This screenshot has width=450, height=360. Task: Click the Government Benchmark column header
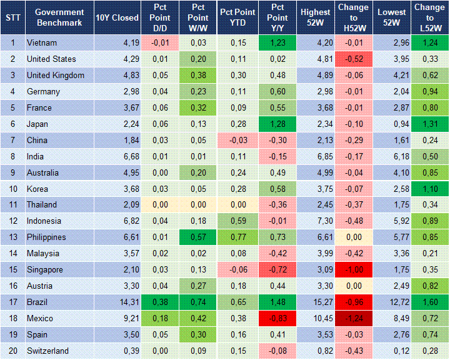coord(59,17)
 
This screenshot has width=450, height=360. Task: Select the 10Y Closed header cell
coord(117,17)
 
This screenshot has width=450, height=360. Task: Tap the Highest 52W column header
coord(315,17)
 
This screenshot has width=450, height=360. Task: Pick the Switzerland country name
coord(47,351)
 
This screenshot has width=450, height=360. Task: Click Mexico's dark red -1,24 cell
coord(354,318)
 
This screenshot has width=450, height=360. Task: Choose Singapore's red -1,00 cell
coord(354,269)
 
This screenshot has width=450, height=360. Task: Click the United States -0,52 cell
coord(354,59)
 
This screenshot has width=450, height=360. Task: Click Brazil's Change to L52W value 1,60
coord(430,302)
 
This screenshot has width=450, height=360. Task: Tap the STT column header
coord(12,17)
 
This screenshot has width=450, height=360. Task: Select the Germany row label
coord(43,91)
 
